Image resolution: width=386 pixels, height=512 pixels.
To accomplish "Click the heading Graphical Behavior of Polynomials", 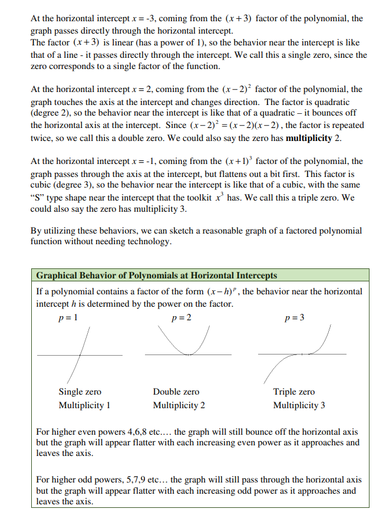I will pyautogui.click(x=157, y=275).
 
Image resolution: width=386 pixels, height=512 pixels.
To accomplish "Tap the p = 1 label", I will pyautogui.click(x=68, y=318).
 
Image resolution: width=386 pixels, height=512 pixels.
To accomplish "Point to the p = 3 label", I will pyautogui.click(x=294, y=318).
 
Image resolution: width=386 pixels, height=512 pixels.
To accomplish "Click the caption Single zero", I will pyautogui.click(x=80, y=392).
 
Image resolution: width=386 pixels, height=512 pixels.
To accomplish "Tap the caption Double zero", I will pyautogui.click(x=176, y=392).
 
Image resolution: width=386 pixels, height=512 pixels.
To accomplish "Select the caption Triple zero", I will pyautogui.click(x=293, y=392).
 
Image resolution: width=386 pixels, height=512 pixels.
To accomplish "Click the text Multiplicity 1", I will pyautogui.click(x=84, y=405).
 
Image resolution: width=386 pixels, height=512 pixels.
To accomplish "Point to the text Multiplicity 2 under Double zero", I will pyautogui.click(x=179, y=405).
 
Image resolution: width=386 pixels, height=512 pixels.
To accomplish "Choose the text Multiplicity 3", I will pyautogui.click(x=299, y=405).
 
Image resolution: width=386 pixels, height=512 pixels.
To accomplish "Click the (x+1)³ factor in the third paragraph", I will pyautogui.click(x=237, y=161).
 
